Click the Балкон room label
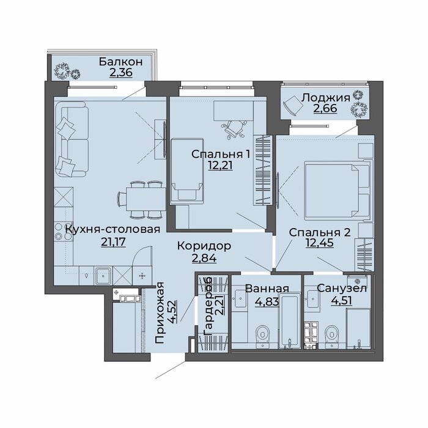coord(120,62)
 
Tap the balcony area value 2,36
coord(121,73)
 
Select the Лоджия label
coord(325,98)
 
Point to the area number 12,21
coord(220,165)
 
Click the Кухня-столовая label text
coord(113,229)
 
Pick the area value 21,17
coord(113,242)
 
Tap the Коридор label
coord(204,246)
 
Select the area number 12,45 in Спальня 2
coord(320,243)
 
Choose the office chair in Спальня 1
coord(234,130)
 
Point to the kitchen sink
coord(103,276)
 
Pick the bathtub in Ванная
coord(290,321)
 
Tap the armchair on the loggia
coord(293,105)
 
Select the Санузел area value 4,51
coord(341,300)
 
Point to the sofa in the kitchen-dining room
coord(72,139)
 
